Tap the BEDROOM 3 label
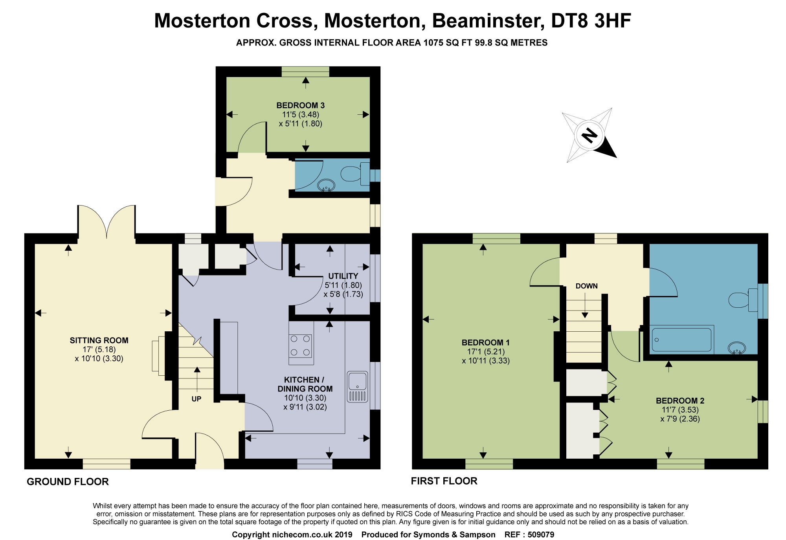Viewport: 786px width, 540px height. [300, 105]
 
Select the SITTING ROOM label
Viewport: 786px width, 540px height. [99, 340]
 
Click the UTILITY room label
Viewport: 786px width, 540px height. [343, 276]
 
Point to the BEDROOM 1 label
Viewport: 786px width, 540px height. [485, 342]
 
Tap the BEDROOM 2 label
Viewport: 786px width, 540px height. [680, 401]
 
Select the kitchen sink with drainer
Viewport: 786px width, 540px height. [357, 386]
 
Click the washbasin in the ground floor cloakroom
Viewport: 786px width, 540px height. [326, 186]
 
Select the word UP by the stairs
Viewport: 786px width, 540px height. [196, 399]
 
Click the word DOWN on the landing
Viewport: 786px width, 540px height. [586, 286]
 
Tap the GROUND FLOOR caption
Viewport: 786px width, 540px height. [68, 482]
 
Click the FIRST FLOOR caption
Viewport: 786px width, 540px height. [444, 481]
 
